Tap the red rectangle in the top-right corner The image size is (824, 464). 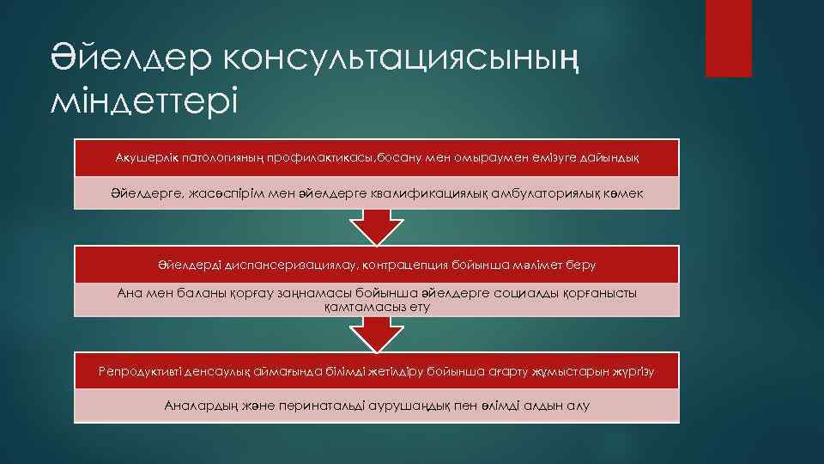click(728, 38)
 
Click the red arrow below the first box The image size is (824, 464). click(377, 227)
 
